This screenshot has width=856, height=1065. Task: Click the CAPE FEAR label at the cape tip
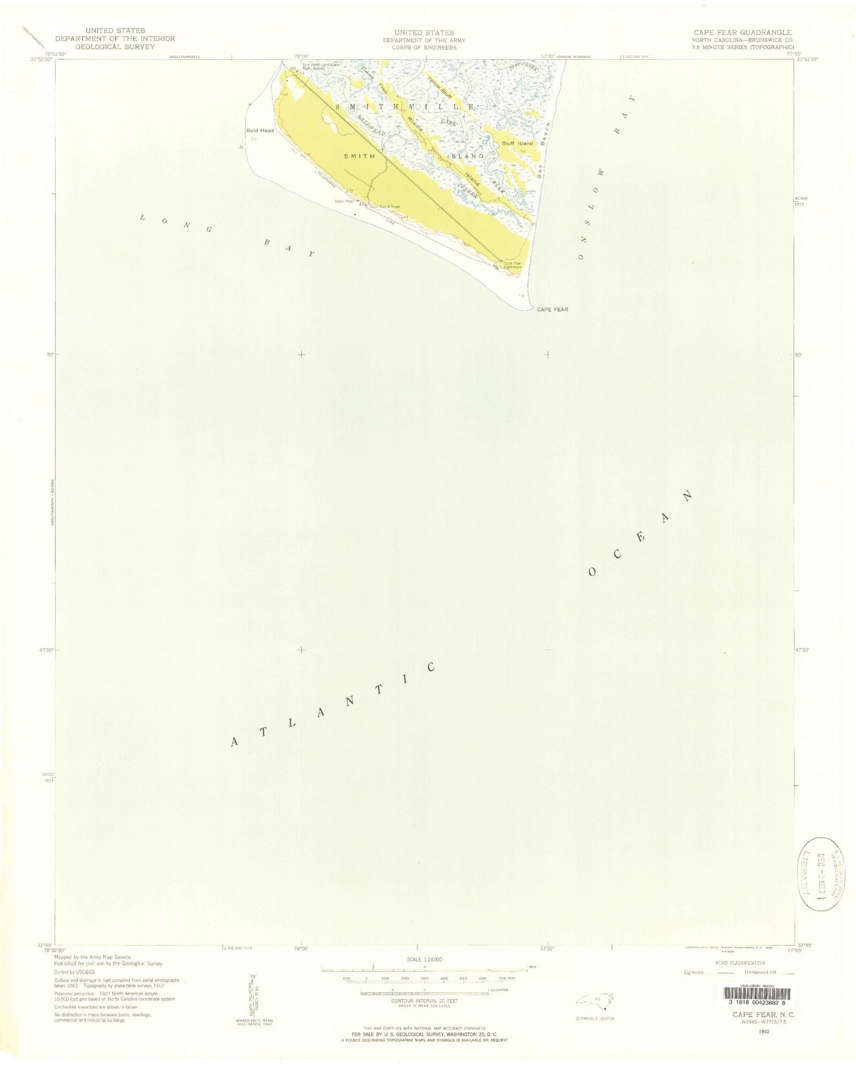pyautogui.click(x=551, y=310)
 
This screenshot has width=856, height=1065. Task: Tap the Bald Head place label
pyautogui.click(x=260, y=130)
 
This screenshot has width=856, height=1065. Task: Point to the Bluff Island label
pyautogui.click(x=518, y=143)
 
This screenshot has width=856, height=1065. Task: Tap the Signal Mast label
pyautogui.click(x=346, y=201)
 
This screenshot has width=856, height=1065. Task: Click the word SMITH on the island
pyautogui.click(x=359, y=156)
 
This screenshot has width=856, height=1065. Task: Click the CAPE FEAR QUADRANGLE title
pyautogui.click(x=738, y=33)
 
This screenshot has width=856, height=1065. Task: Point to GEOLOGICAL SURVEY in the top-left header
pyautogui.click(x=115, y=47)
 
